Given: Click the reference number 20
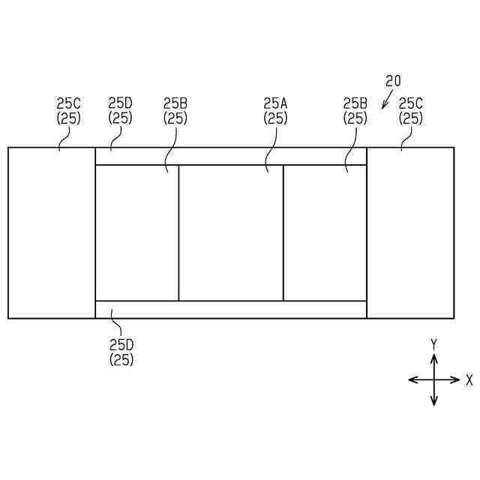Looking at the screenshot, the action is [394, 81].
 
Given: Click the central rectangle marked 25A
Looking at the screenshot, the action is [231, 232].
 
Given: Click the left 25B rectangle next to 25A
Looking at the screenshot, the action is [137, 232].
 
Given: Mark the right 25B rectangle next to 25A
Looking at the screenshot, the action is [325, 232].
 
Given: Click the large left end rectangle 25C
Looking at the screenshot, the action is [52, 232].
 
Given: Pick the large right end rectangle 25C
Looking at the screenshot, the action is [410, 232].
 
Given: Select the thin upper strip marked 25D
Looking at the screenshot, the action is [231, 157].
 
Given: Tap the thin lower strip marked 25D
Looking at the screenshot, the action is [231, 309].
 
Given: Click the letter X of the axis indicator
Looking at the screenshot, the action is [469, 380].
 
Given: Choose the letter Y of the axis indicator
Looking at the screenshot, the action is [433, 344].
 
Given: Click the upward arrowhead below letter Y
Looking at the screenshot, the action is [434, 358].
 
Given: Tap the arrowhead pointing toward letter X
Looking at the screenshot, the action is [455, 380].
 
